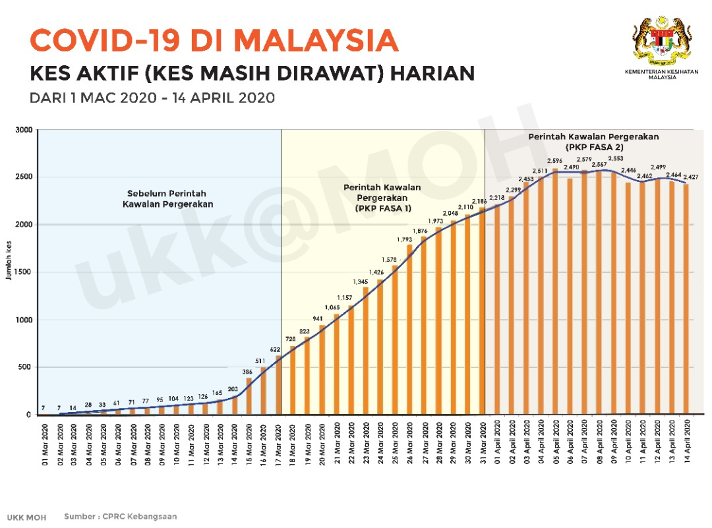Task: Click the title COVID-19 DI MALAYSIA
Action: pyautogui.click(x=214, y=41)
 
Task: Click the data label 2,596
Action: pyautogui.click(x=555, y=161)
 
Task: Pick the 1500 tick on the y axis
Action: pyautogui.click(x=24, y=272)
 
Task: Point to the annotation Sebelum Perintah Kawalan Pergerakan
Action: pyautogui.click(x=167, y=199)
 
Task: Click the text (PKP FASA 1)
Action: pyautogui.click(x=382, y=208)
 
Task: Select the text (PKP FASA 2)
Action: pyautogui.click(x=594, y=148)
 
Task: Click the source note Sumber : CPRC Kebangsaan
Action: pyautogui.click(x=120, y=517)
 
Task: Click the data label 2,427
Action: pyautogui.click(x=690, y=177)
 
